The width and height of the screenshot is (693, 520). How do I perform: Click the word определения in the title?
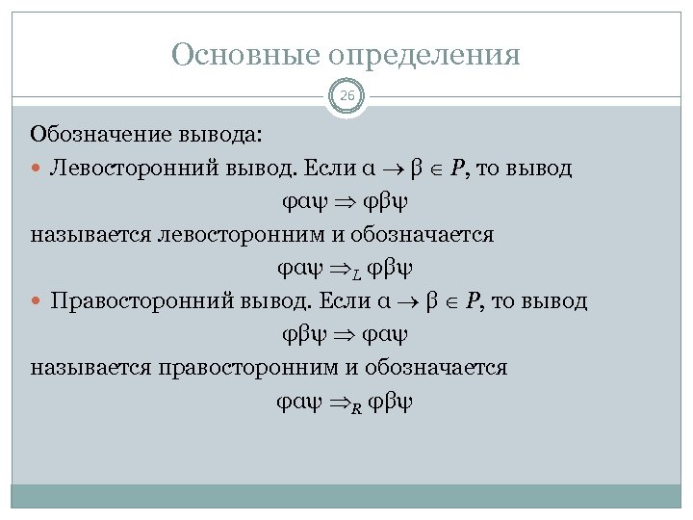pos(426,55)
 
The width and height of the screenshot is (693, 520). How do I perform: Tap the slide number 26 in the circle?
pos(346,96)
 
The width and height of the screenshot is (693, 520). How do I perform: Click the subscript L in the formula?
pos(357,273)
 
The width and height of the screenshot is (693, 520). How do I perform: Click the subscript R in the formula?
pos(357,405)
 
